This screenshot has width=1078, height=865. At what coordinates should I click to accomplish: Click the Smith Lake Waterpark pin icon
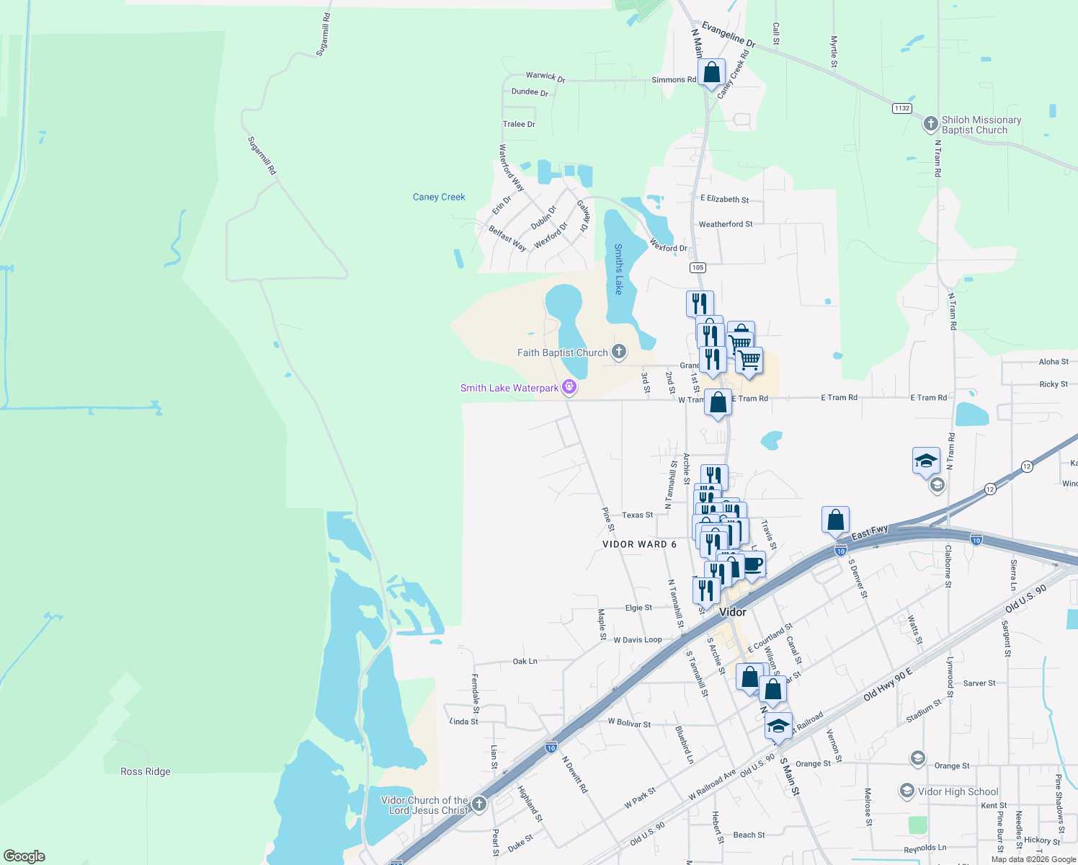coord(569,387)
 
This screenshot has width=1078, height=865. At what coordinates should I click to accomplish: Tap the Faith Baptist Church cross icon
coord(618,352)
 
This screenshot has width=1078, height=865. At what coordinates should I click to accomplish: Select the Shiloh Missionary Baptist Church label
coord(981,125)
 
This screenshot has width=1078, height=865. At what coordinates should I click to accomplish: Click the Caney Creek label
coord(439,197)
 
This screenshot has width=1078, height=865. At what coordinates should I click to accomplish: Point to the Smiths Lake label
coord(618,269)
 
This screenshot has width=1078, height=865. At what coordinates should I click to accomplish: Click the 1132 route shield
coord(901,108)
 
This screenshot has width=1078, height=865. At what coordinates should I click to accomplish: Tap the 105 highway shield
coord(697,267)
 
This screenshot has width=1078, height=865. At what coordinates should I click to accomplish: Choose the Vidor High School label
coord(958,791)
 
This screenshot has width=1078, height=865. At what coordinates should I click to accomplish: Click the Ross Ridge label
coord(146,771)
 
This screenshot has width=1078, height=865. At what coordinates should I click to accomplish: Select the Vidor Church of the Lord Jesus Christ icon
coord(479,803)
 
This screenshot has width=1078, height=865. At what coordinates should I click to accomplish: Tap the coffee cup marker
coord(752,564)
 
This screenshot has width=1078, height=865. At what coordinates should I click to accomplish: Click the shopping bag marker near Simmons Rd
coord(711,73)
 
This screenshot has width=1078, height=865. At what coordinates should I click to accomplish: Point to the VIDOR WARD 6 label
coord(639,544)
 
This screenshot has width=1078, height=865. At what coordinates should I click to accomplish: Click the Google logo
coord(24,856)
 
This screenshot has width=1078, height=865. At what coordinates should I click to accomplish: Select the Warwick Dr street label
coord(545,76)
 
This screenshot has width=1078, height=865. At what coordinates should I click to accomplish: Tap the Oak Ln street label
coord(525,661)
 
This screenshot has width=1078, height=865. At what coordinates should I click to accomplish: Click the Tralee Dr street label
coord(519,124)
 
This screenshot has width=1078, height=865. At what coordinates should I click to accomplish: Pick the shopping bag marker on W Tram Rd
coord(718,402)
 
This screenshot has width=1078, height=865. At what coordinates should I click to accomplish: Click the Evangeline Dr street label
coord(729,35)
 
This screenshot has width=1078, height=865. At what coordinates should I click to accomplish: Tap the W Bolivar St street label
coord(629,722)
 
